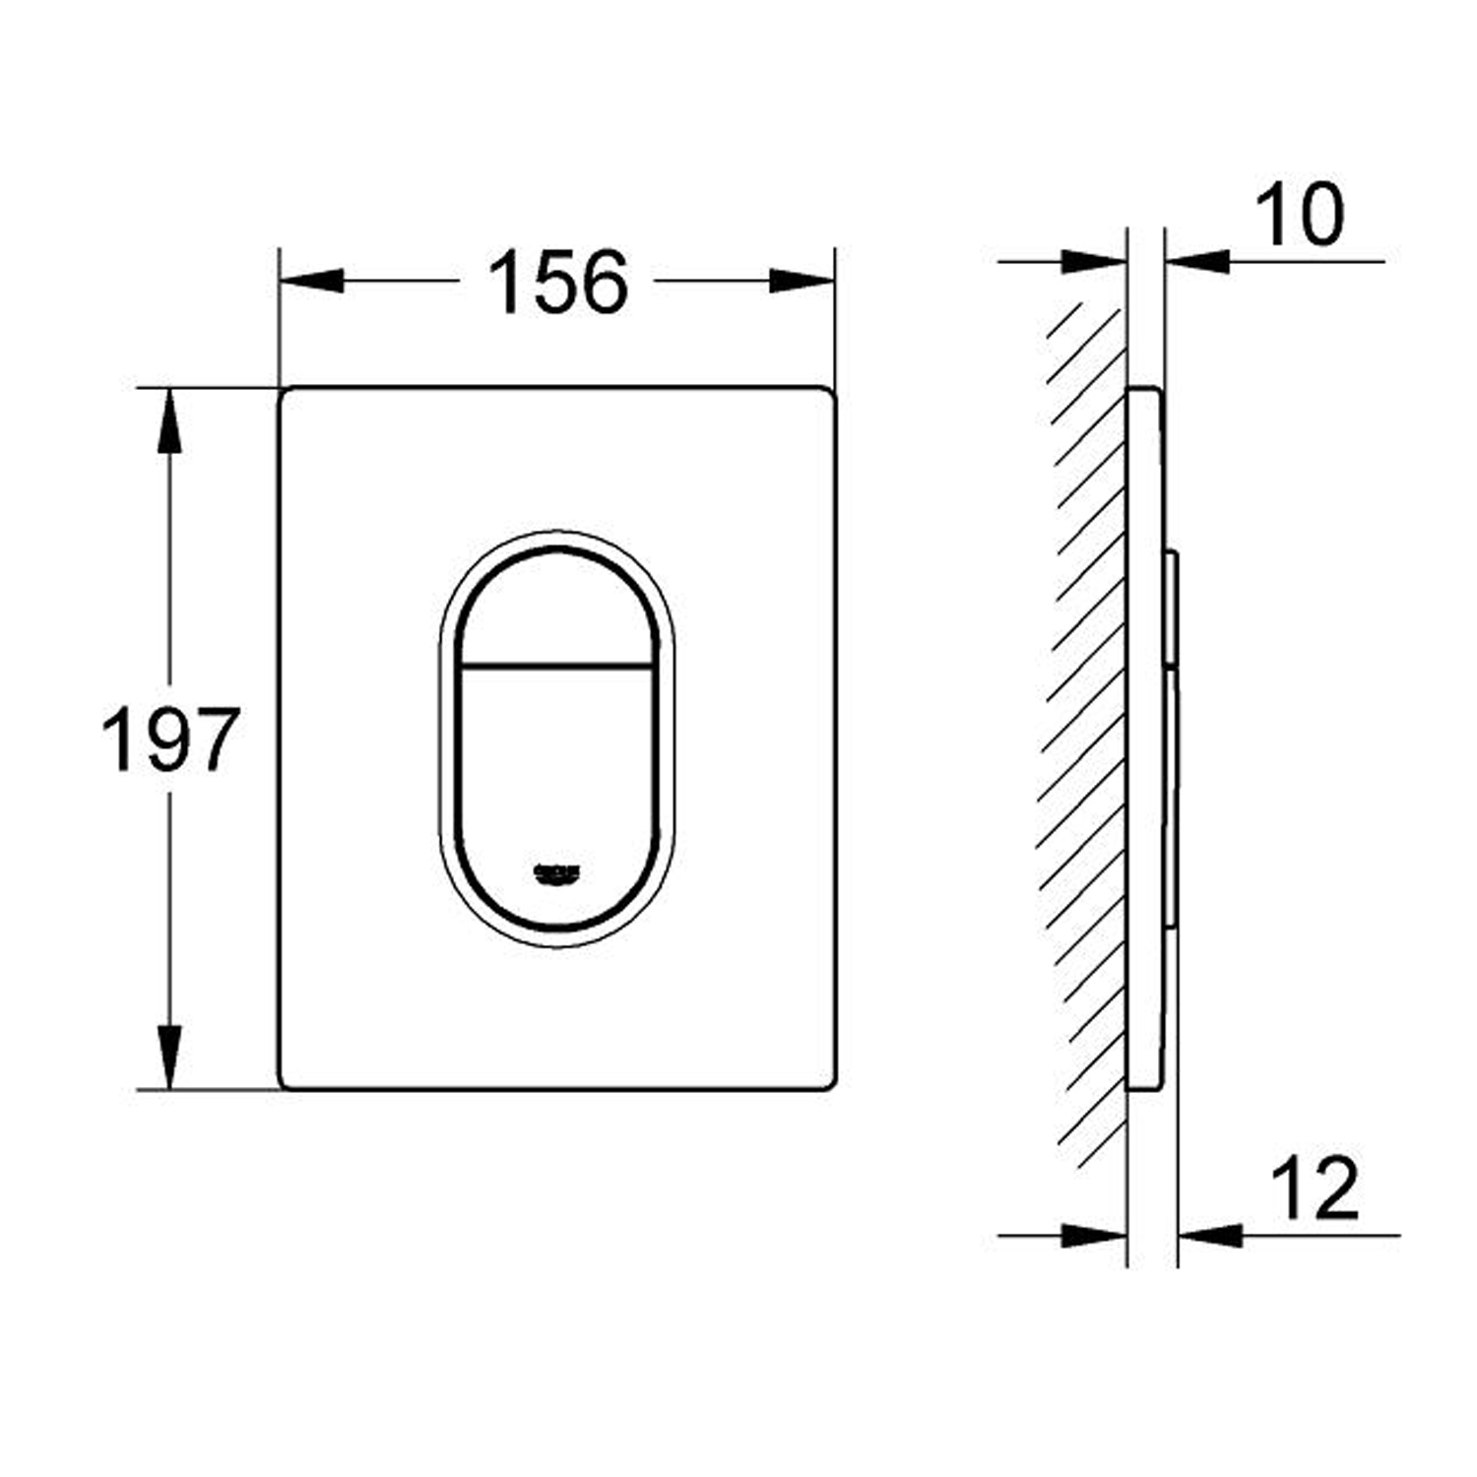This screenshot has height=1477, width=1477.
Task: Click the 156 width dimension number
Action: click(557, 282)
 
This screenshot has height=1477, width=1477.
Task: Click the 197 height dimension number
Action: click(170, 738)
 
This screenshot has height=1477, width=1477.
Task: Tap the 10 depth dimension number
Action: click(1300, 215)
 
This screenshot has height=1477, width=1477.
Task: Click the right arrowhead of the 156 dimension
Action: click(803, 281)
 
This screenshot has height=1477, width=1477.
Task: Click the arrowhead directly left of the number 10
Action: click(1196, 262)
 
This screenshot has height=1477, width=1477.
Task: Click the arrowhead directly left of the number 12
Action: click(1210, 1235)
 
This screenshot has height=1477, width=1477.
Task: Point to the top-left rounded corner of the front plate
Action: click(287, 394)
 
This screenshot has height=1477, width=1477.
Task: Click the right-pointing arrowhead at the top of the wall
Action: click(1093, 262)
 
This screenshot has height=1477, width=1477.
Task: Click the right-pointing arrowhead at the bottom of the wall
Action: click(1093, 1235)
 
